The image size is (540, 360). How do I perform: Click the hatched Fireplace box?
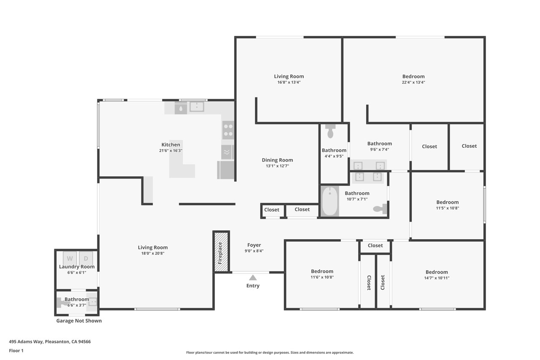point(221,252)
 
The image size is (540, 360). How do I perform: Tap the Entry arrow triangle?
point(253,278)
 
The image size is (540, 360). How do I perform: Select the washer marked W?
point(70,258)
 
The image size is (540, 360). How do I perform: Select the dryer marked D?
point(86,258)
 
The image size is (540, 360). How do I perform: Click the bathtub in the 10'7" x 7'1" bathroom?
point(330,201)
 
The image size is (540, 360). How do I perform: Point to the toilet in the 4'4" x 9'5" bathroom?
point(330,131)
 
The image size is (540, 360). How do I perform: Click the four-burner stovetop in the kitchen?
point(228,130)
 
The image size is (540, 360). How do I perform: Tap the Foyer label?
point(254,245)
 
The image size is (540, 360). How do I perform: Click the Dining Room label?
point(277,160)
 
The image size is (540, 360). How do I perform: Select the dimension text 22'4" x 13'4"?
point(413,82)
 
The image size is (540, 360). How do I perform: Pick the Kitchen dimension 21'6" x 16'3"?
point(171,151)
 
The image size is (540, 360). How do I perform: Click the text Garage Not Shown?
point(79,321)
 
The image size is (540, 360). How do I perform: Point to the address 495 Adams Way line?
point(50,342)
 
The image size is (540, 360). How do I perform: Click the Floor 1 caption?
point(16,351)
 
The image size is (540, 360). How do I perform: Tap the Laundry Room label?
point(77,267)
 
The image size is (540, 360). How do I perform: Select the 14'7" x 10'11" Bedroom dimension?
point(437,278)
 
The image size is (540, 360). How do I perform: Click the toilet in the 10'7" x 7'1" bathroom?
point(380,209)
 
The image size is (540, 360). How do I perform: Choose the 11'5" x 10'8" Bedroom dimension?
point(448,208)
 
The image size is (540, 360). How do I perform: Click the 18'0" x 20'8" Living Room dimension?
point(153,253)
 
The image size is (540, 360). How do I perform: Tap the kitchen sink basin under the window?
point(197,107)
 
